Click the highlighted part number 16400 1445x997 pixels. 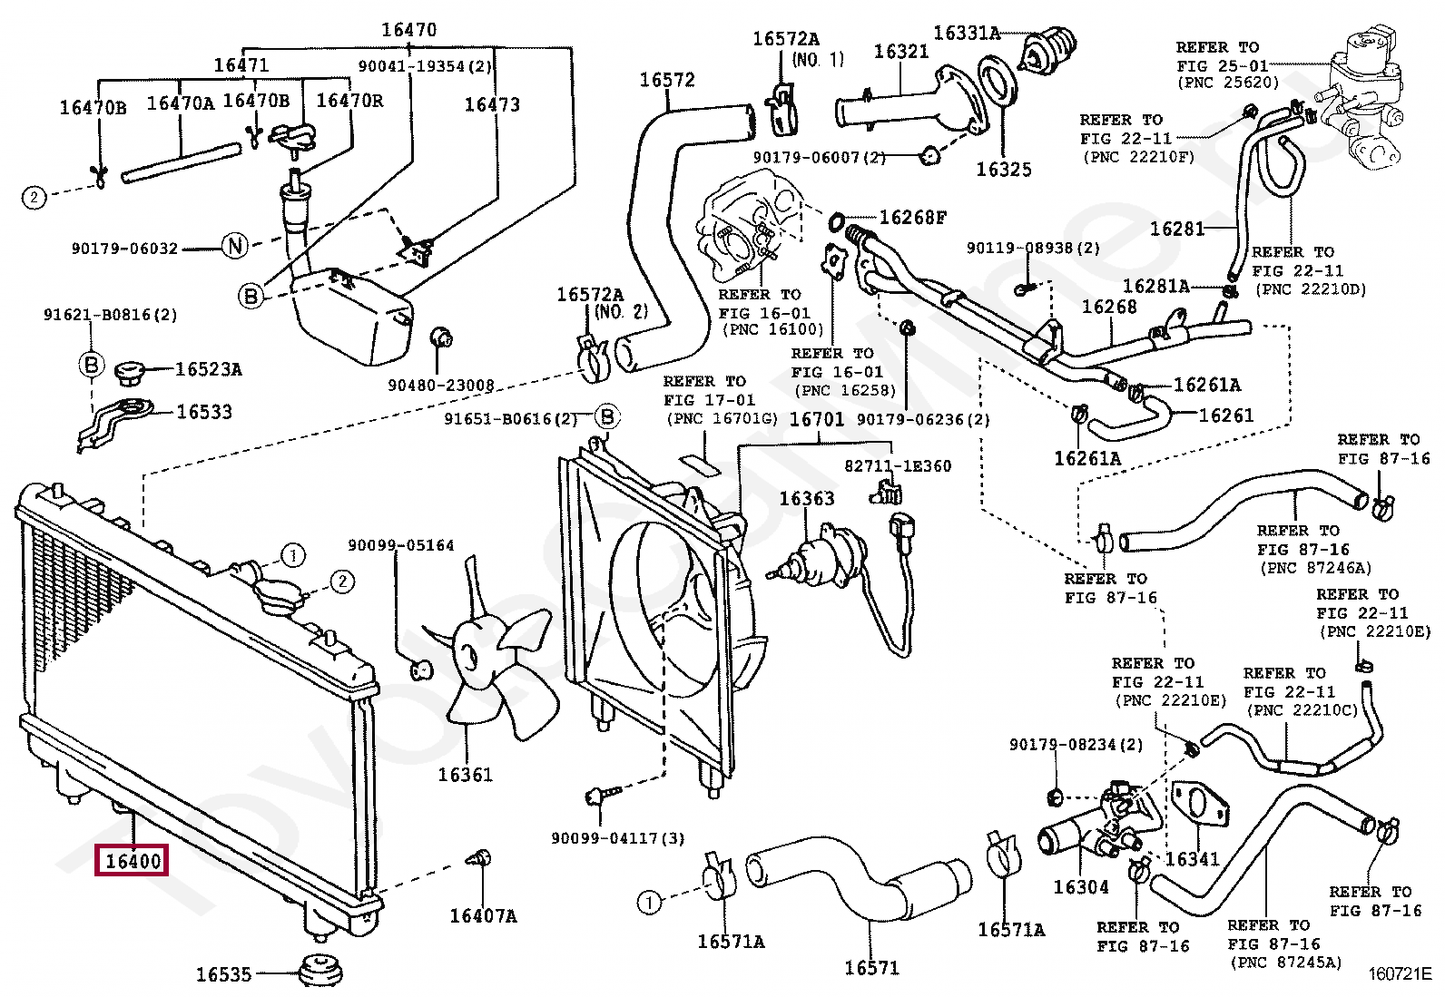(132, 860)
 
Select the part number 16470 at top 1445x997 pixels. (409, 30)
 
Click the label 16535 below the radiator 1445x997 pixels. (223, 973)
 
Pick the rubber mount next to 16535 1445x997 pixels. (320, 969)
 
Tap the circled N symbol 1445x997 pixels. (235, 246)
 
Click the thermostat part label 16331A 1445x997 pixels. (967, 33)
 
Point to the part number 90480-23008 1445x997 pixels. (440, 385)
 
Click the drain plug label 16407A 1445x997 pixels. (483, 915)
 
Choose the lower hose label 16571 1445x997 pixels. (871, 967)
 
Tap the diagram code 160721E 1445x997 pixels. (1400, 973)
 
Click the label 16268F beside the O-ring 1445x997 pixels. (913, 218)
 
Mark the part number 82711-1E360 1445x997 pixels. (898, 465)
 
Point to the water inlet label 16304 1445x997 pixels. (1080, 886)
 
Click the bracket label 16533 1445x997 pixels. (204, 412)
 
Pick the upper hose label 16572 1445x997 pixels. (667, 80)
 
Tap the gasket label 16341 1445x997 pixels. (1192, 858)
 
